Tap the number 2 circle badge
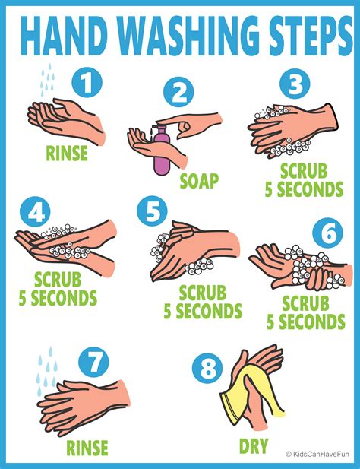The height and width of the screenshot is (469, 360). coord(179,94)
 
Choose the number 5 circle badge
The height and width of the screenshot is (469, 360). coord(153,212)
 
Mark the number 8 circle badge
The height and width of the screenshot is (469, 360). coord(207,370)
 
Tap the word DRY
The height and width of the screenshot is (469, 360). coord(253,445)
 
